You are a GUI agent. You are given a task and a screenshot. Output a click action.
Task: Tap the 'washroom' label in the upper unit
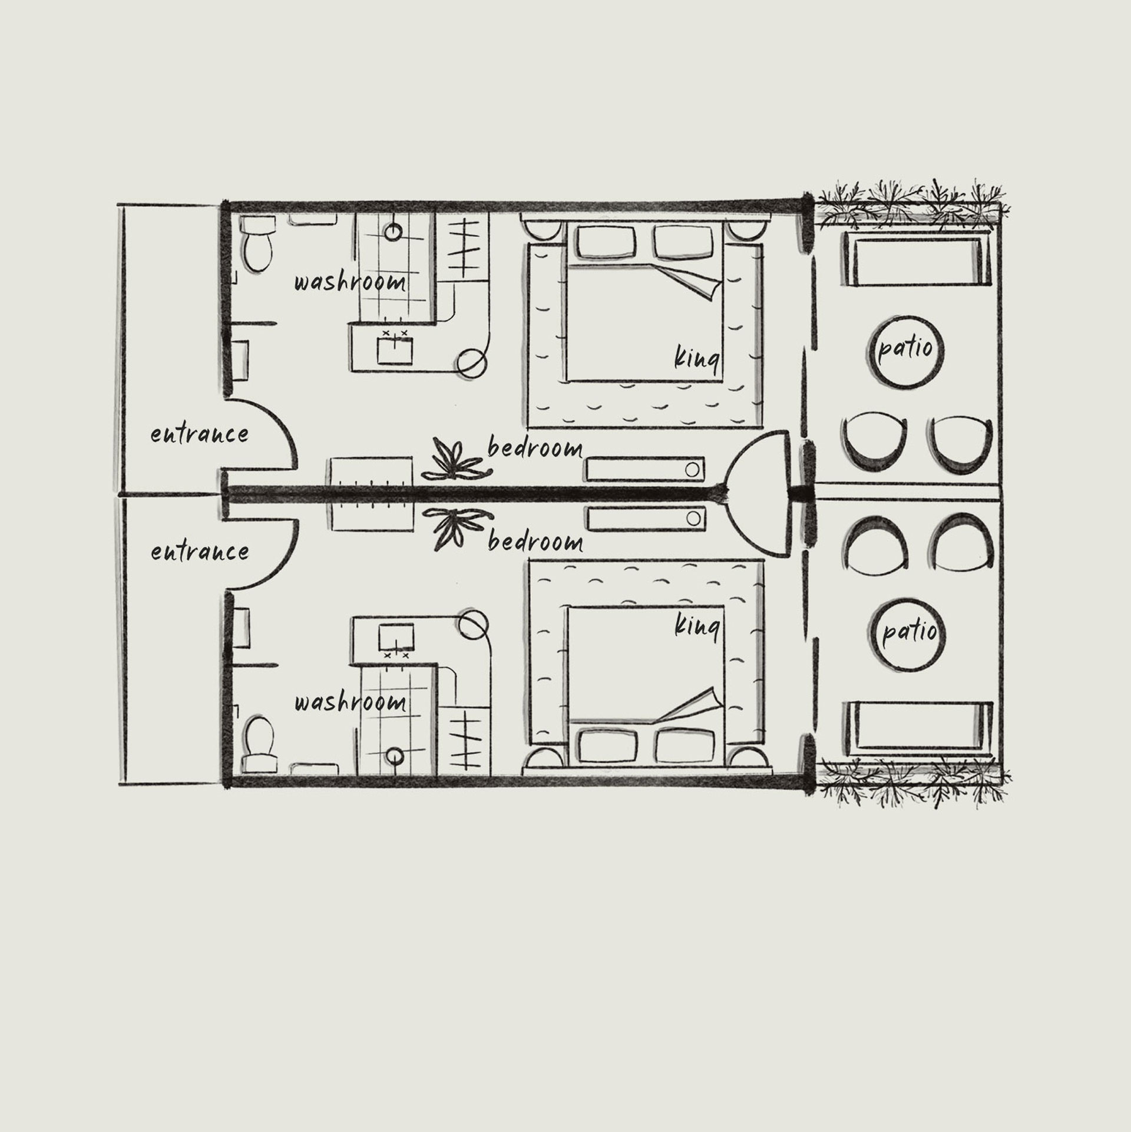pyautogui.click(x=350, y=282)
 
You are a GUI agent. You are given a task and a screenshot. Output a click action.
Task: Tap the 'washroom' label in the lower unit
pyautogui.click(x=350, y=702)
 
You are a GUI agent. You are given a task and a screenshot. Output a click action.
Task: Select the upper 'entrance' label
pyautogui.click(x=199, y=435)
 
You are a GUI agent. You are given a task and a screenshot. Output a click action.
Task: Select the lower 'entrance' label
pyautogui.click(x=199, y=552)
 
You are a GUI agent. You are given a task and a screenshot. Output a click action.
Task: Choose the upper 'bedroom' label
pyautogui.click(x=535, y=449)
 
